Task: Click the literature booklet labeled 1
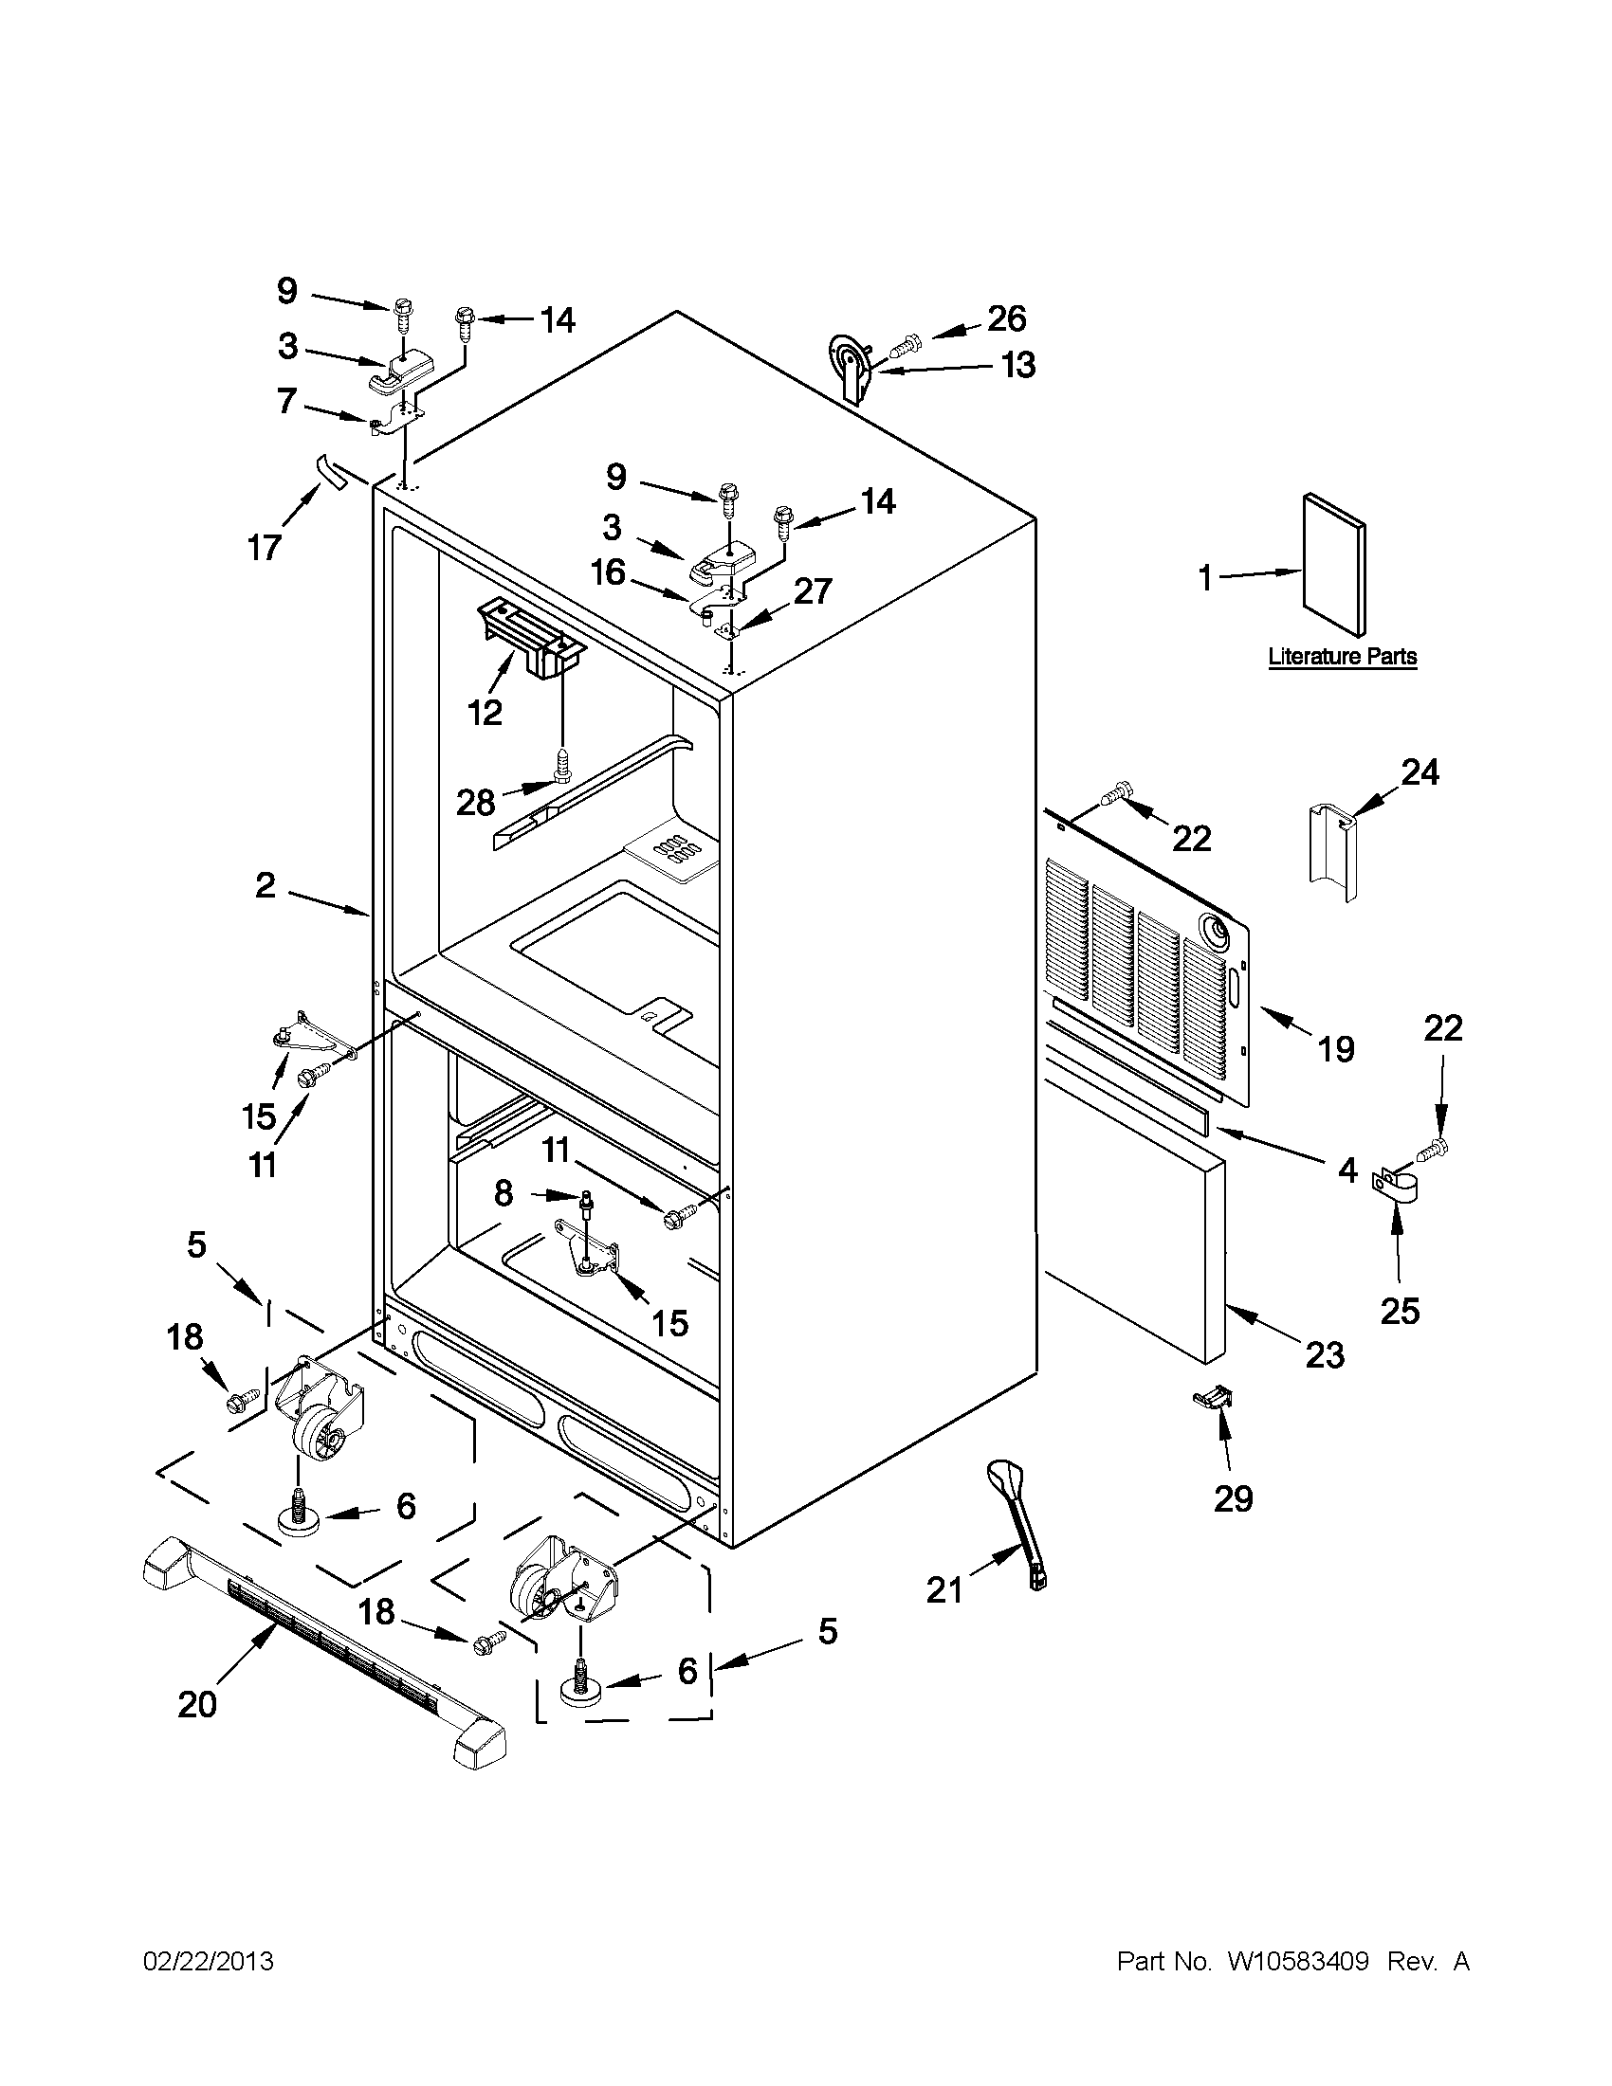pyautogui.click(x=1335, y=565)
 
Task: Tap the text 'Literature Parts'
pyautogui.click(x=1342, y=657)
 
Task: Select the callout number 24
pyautogui.click(x=1420, y=771)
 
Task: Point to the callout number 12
pyautogui.click(x=485, y=712)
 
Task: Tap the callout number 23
pyautogui.click(x=1325, y=1354)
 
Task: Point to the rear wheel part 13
pyautogui.click(x=851, y=370)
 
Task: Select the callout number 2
pyautogui.click(x=265, y=885)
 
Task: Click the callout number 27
pyautogui.click(x=813, y=591)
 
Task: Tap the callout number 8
pyautogui.click(x=503, y=1193)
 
